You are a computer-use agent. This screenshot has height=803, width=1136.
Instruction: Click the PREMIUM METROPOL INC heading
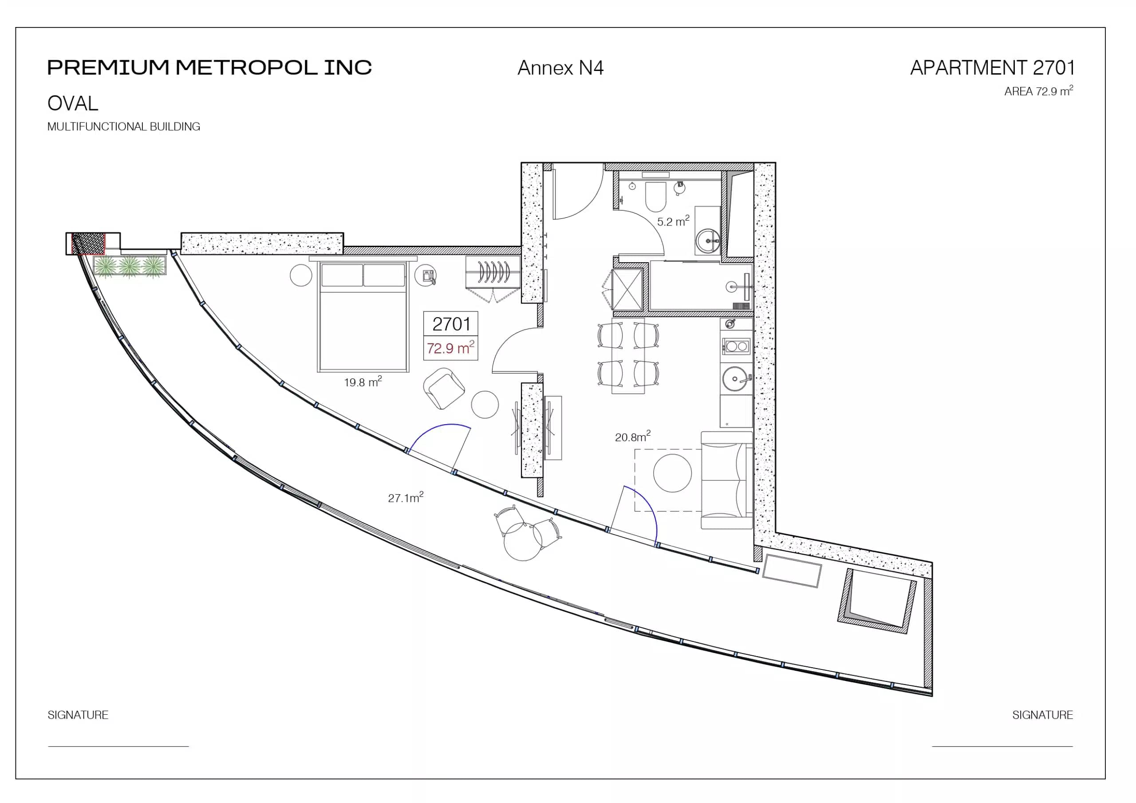(x=209, y=67)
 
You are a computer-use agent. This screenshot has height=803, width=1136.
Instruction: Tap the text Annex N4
(x=560, y=68)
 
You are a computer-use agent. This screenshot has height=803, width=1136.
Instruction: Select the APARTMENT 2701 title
(x=992, y=68)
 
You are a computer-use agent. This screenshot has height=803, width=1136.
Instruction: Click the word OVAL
(x=73, y=103)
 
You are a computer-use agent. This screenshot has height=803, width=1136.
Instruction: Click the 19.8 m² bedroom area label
(x=363, y=382)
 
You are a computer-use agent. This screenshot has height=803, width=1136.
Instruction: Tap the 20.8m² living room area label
(x=632, y=437)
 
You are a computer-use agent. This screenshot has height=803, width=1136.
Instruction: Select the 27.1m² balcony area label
(x=405, y=497)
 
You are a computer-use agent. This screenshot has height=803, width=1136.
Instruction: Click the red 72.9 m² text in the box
(x=450, y=348)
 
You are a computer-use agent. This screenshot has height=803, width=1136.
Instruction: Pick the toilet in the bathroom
(x=656, y=196)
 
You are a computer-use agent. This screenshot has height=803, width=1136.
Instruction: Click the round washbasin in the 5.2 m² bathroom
(x=708, y=241)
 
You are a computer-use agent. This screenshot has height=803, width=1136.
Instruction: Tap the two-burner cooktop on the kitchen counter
(x=736, y=346)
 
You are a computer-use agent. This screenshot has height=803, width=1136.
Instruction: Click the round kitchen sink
(x=735, y=379)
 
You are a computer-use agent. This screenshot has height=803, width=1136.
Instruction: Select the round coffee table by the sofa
(x=672, y=473)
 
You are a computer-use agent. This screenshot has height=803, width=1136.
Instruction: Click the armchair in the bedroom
(x=444, y=388)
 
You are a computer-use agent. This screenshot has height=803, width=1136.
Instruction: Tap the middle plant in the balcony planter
(x=130, y=266)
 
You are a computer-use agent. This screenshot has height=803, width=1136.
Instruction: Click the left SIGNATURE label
(x=78, y=714)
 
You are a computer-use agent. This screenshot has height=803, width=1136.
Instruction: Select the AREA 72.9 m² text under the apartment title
(x=1038, y=91)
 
